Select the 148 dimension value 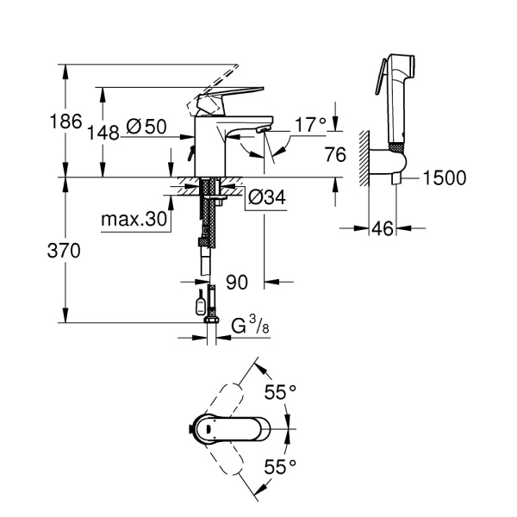[103, 132]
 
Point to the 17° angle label [310, 125]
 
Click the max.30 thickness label [134, 219]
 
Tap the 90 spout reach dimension [238, 282]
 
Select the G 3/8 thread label [249, 327]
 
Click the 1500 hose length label [445, 178]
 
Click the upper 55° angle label [280, 393]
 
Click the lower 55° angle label [280, 466]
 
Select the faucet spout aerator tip [259, 132]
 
